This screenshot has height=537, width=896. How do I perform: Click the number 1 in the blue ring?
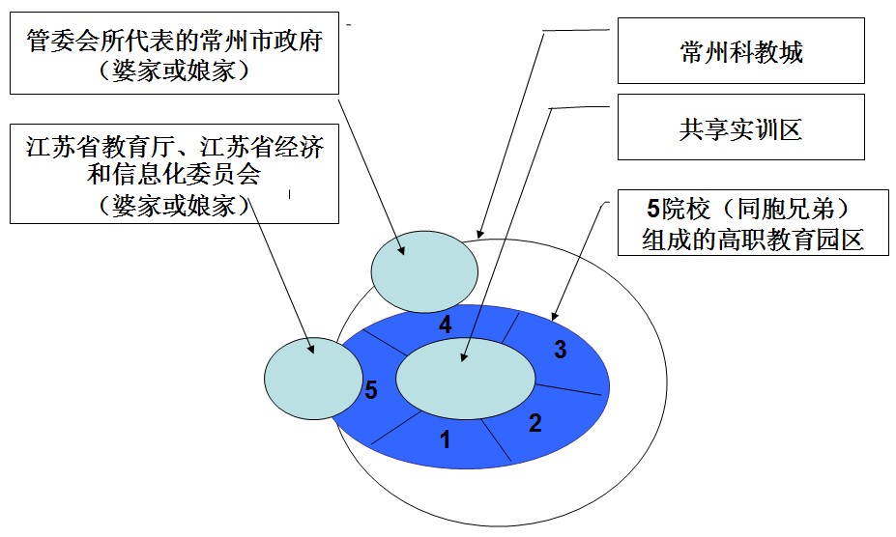[446, 440]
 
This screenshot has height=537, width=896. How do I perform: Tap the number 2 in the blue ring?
[535, 422]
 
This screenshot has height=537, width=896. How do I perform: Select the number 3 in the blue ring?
[560, 351]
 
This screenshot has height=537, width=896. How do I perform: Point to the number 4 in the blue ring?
[445, 325]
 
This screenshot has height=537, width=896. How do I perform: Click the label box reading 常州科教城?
[741, 52]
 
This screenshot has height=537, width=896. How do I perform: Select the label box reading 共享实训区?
[741, 129]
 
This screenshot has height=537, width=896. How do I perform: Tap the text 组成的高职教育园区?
[752, 240]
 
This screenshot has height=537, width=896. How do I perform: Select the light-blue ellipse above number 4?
[424, 269]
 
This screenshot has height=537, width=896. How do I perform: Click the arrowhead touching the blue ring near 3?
[554, 315]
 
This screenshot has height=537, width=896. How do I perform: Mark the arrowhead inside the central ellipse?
[466, 358]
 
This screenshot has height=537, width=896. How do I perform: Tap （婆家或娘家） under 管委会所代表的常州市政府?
[175, 71]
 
